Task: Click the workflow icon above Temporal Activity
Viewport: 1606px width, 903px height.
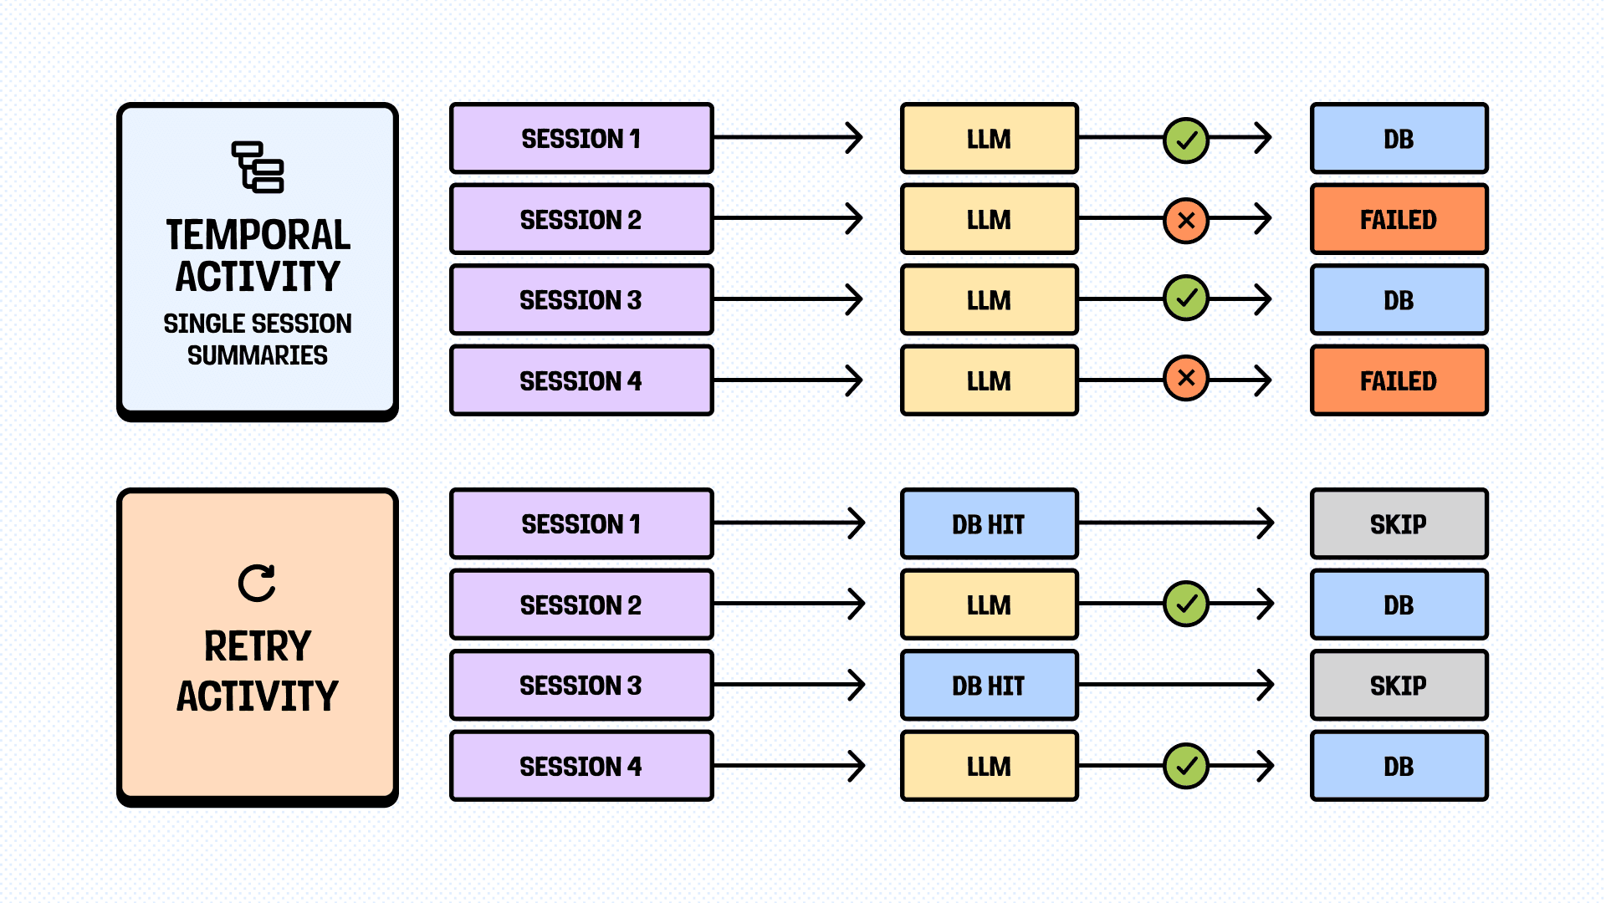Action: coord(258,166)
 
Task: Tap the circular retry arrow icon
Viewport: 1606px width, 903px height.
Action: coord(257,583)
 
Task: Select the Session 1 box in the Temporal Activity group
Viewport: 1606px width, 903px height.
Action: coord(581,139)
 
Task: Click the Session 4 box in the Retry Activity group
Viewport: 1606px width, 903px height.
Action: coord(581,766)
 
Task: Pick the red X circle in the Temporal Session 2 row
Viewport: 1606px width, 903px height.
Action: coord(1186,221)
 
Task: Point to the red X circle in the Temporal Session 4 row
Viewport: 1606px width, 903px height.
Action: coord(1186,379)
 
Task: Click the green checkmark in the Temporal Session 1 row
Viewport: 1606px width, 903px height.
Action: coord(1186,140)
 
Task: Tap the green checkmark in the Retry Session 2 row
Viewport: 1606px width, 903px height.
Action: coord(1186,604)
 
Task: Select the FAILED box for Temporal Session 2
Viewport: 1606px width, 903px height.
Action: coord(1399,220)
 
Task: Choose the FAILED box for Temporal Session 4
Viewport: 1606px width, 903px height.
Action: coord(1399,381)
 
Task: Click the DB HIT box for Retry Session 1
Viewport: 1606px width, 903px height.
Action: coord(989,524)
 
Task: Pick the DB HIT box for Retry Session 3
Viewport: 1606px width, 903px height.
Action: coord(989,686)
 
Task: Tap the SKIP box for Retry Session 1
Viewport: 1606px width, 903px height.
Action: coord(1399,524)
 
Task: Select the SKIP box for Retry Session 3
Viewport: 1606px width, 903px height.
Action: coord(1399,686)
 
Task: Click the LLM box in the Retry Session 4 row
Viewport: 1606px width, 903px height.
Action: coord(989,766)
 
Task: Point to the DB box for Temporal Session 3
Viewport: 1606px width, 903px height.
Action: coord(1399,300)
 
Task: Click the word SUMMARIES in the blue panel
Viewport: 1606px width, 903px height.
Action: coord(258,355)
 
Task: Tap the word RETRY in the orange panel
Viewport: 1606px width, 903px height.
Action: coord(258,646)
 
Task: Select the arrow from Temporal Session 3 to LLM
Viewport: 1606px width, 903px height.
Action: coord(786,299)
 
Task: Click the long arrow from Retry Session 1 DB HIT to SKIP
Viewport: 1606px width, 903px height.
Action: coord(1175,523)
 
